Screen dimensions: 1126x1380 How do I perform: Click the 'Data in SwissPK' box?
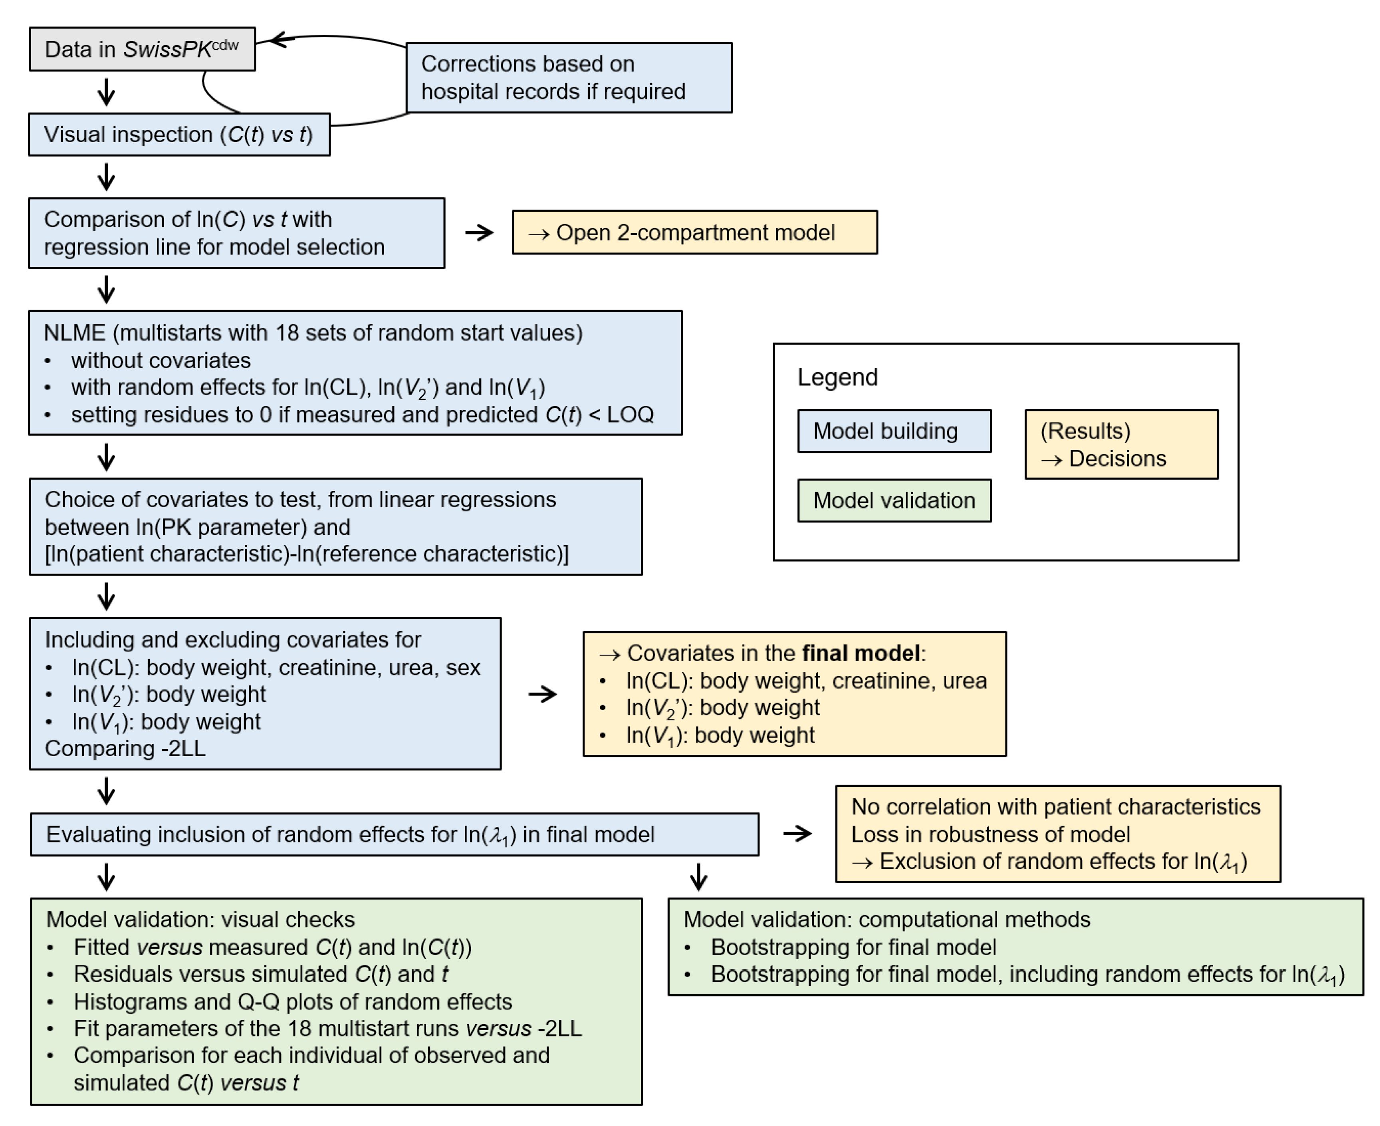coord(142,49)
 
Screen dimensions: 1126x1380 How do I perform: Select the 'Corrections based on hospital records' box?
coord(569,78)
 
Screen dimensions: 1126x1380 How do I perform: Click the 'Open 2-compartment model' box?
coord(694,232)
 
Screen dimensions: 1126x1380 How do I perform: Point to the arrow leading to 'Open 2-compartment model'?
coord(479,232)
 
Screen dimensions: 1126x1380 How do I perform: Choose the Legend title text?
coord(837,377)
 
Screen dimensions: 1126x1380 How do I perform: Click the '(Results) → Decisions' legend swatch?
coord(1121,444)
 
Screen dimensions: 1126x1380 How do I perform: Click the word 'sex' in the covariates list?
coord(463,667)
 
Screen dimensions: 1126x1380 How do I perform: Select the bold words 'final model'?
coord(861,653)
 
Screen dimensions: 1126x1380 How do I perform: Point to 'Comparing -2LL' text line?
coord(125,749)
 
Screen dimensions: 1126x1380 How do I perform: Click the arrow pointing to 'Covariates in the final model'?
coord(542,694)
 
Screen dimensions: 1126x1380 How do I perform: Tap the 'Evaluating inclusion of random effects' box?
coord(394,834)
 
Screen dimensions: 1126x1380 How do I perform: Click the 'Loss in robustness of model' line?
coord(990,834)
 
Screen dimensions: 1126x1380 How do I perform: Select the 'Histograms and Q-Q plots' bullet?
coord(292,1001)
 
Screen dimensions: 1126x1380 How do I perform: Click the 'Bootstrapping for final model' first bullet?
coord(853,947)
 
